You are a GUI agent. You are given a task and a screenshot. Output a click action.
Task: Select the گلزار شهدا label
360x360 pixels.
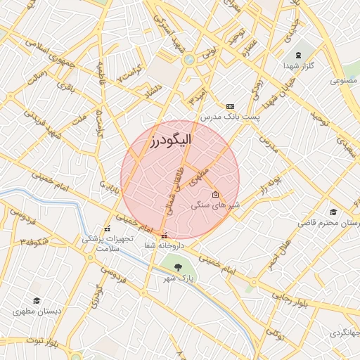pos(299,66)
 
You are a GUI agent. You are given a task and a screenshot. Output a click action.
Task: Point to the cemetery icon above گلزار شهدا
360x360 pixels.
pos(298,55)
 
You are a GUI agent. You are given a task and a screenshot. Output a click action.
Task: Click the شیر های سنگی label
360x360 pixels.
pos(216,205)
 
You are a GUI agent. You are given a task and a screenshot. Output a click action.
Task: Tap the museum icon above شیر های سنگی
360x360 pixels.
pos(215,195)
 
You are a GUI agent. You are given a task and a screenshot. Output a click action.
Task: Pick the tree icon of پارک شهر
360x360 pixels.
pos(176,266)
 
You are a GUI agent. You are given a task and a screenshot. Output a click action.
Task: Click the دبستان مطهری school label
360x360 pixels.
pos(37,310)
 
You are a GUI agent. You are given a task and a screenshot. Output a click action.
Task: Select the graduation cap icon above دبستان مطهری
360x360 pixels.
pos(37,300)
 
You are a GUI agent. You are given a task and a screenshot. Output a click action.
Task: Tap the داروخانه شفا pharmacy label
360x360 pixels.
pos(164,245)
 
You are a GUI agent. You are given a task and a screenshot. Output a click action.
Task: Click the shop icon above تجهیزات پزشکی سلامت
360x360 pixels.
pos(107,229)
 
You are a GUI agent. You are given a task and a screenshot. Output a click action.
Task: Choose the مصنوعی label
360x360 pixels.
pos(345,81)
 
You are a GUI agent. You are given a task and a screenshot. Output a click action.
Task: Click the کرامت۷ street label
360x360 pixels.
pos(131,73)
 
